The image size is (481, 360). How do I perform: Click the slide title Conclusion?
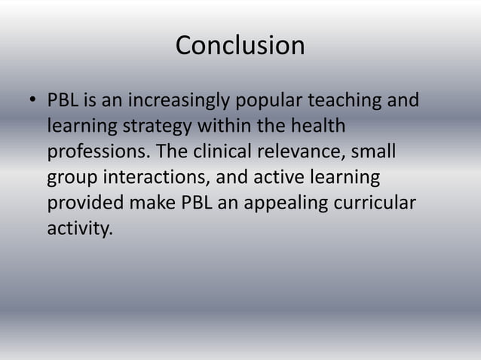(x=240, y=46)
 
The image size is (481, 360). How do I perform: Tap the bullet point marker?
(x=32, y=101)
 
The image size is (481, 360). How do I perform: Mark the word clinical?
(x=223, y=151)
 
